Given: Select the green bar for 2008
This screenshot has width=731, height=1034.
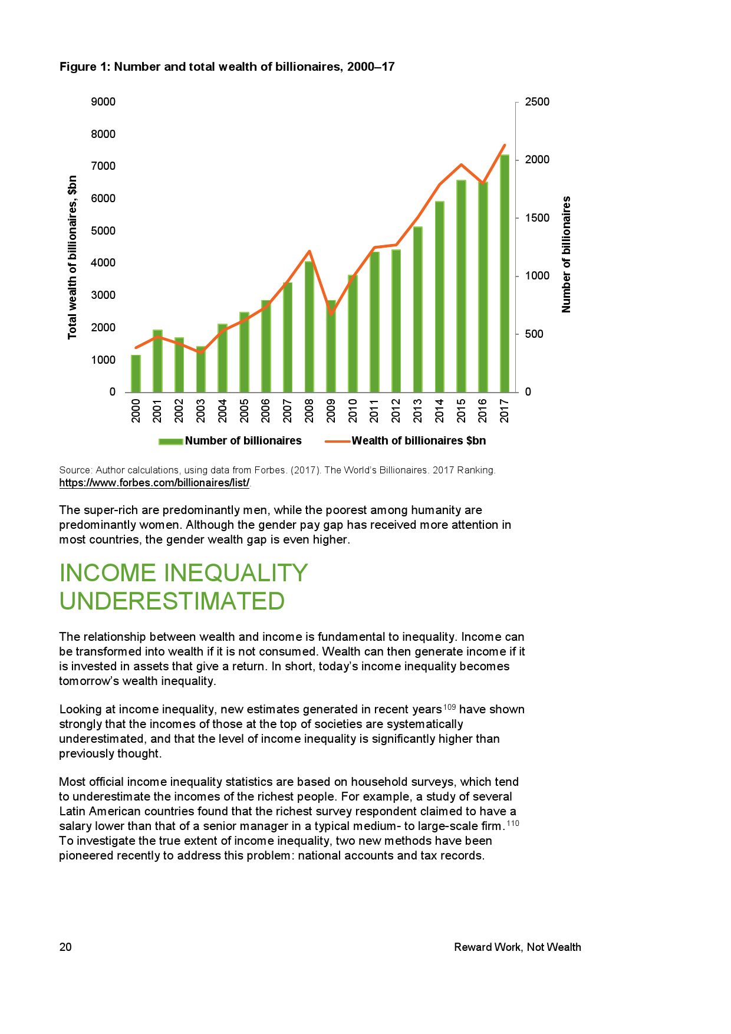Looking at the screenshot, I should pyautogui.click(x=309, y=327).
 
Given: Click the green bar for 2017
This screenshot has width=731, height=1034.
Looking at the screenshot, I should pyautogui.click(x=505, y=274).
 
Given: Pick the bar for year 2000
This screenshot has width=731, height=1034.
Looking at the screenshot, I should pyautogui.click(x=136, y=374).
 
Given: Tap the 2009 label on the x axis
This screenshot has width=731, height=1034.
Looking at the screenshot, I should pyautogui.click(x=331, y=410).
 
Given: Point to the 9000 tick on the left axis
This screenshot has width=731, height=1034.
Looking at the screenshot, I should pyautogui.click(x=103, y=102).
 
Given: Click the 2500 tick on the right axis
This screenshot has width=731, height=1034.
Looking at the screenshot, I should pyautogui.click(x=537, y=102).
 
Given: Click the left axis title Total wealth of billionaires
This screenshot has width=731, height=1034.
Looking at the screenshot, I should pyautogui.click(x=73, y=257).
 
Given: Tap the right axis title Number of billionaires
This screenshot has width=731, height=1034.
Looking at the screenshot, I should pyautogui.click(x=567, y=255).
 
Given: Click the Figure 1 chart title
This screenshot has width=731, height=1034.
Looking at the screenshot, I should pyautogui.click(x=227, y=67).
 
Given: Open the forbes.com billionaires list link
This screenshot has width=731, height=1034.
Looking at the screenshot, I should pyautogui.click(x=154, y=483).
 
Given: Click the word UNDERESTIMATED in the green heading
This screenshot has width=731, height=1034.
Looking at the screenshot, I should pyautogui.click(x=172, y=601).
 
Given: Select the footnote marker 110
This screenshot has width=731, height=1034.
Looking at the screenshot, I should pyautogui.click(x=512, y=823).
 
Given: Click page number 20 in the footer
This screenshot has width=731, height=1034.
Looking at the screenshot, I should pyautogui.click(x=65, y=947).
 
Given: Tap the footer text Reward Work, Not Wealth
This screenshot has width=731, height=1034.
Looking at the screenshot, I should pyautogui.click(x=517, y=947).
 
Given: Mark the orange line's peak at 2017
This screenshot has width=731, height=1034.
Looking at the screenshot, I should pyautogui.click(x=505, y=145).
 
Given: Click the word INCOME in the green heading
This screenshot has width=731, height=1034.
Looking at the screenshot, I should pyautogui.click(x=108, y=573).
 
